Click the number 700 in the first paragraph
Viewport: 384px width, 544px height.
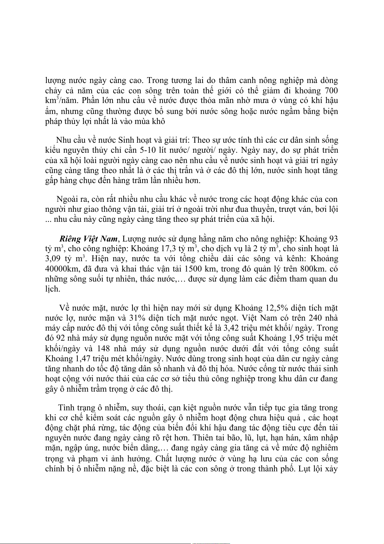click(x=331, y=90)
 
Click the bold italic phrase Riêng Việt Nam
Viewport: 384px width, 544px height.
click(x=89, y=239)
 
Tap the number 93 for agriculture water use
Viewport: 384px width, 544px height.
click(x=333, y=239)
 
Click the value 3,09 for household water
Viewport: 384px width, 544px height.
click(x=53, y=259)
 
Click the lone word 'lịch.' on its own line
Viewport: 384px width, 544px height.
click(x=53, y=289)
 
